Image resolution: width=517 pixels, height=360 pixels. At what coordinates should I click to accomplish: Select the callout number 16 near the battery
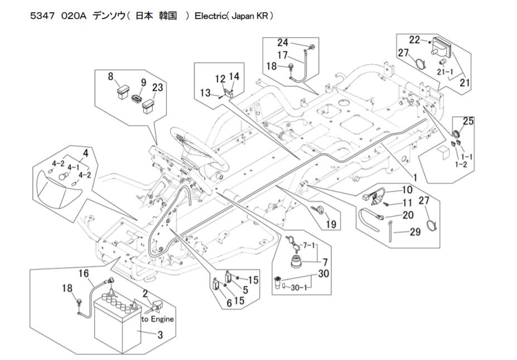click(x=83, y=274)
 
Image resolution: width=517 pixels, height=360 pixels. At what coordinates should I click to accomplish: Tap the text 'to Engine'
click(x=157, y=319)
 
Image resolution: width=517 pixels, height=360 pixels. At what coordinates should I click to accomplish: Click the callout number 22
click(x=414, y=40)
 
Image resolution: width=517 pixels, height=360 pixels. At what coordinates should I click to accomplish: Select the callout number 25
click(x=468, y=121)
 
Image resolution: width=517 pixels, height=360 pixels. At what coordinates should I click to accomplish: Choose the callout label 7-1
click(x=308, y=245)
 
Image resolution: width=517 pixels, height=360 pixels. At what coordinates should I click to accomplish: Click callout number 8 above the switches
click(x=110, y=76)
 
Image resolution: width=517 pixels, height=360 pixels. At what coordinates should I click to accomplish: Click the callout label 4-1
click(x=73, y=167)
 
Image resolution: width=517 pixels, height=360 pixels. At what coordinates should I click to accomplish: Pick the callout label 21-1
click(x=444, y=72)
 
